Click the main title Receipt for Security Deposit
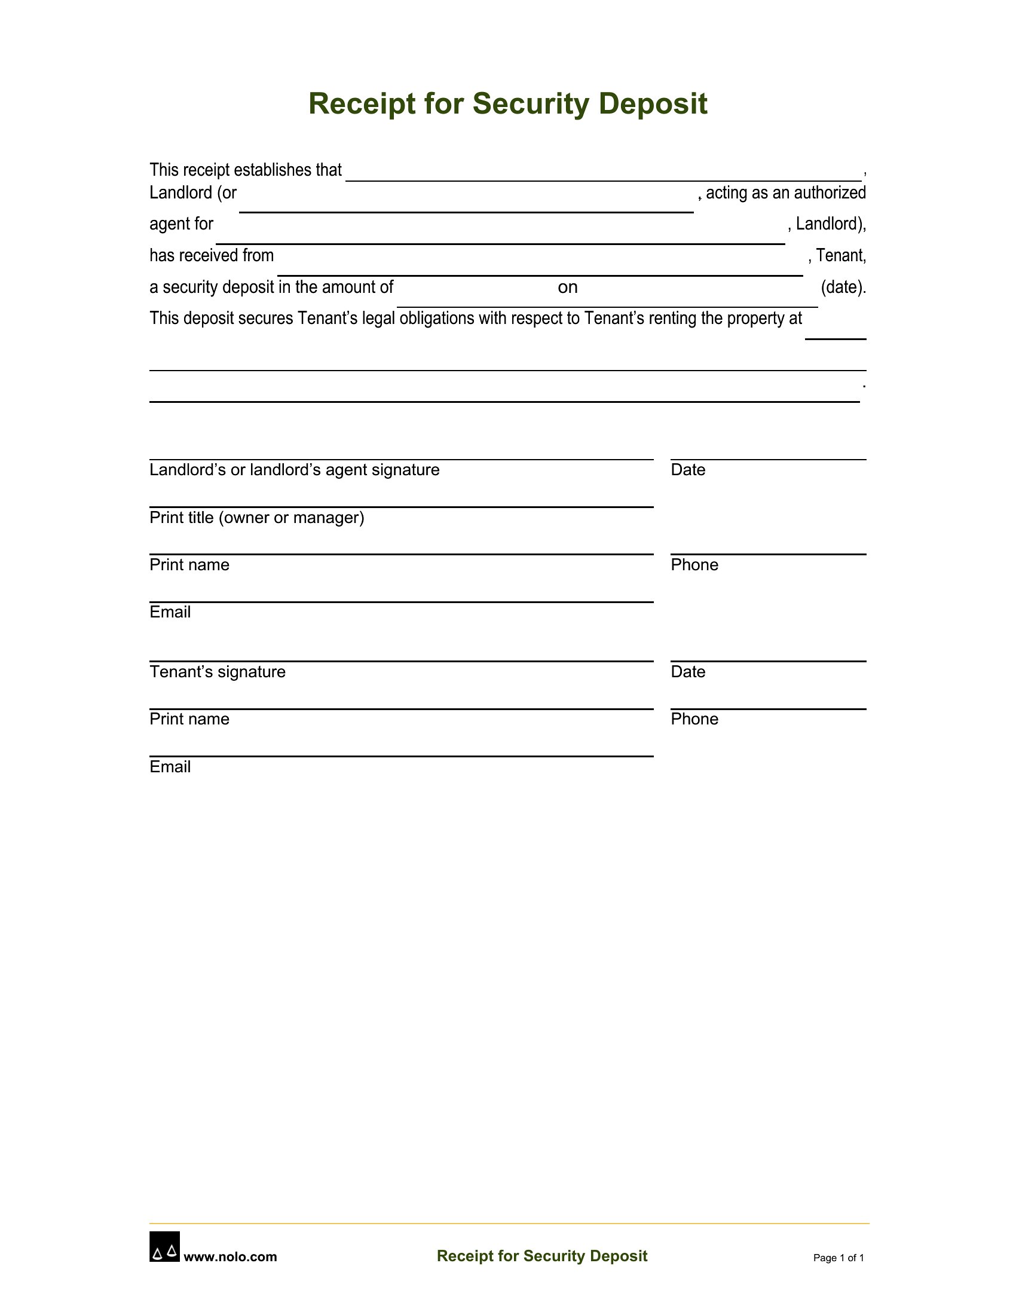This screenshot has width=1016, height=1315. pyautogui.click(x=507, y=103)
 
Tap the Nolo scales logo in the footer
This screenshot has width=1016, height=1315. pyautogui.click(x=164, y=1246)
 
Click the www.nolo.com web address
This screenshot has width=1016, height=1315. pyautogui.click(x=230, y=1256)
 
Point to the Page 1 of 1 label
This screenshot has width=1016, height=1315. pyautogui.click(x=838, y=1258)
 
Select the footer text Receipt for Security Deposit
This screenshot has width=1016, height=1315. pyautogui.click(x=541, y=1256)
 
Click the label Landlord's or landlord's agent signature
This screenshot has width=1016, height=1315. pyautogui.click(x=294, y=470)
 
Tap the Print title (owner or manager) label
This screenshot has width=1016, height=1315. pyautogui.click(x=257, y=518)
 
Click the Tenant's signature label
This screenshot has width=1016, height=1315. pyautogui.click(x=218, y=672)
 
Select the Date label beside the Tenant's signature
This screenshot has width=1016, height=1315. pyautogui.click(x=688, y=672)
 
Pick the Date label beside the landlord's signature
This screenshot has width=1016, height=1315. pyautogui.click(x=688, y=470)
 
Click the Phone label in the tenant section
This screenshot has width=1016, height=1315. pyautogui.click(x=694, y=719)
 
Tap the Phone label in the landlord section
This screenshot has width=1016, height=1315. pyautogui.click(x=694, y=565)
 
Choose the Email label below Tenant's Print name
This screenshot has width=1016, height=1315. pyautogui.click(x=170, y=766)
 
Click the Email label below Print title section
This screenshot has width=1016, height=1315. pyautogui.click(x=170, y=612)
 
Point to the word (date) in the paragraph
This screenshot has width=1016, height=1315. pyautogui.click(x=843, y=287)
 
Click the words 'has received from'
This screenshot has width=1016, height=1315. pyautogui.click(x=211, y=256)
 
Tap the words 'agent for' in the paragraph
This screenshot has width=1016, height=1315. pyautogui.click(x=181, y=224)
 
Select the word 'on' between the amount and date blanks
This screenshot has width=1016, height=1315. pyautogui.click(x=568, y=287)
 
